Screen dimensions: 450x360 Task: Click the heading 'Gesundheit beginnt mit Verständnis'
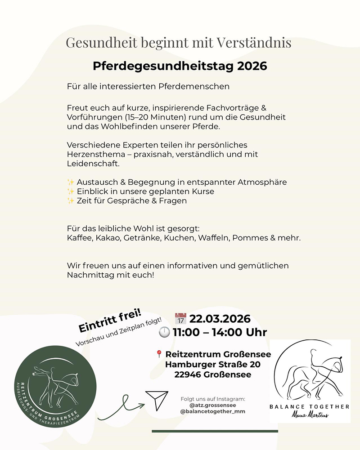(x=179, y=43)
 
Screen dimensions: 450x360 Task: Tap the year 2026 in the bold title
(x=252, y=66)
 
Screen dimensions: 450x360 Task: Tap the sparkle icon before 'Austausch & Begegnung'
(x=71, y=182)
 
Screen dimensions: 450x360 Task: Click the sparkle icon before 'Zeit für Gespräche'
(x=71, y=201)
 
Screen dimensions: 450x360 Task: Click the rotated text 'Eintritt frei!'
(x=110, y=321)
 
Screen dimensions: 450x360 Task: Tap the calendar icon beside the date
(x=180, y=319)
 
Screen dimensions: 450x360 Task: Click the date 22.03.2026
(x=220, y=319)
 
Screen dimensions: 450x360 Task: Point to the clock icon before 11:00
(x=165, y=332)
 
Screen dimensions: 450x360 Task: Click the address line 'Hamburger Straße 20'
(x=212, y=364)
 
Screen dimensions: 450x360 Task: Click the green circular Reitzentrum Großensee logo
(x=55, y=387)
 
